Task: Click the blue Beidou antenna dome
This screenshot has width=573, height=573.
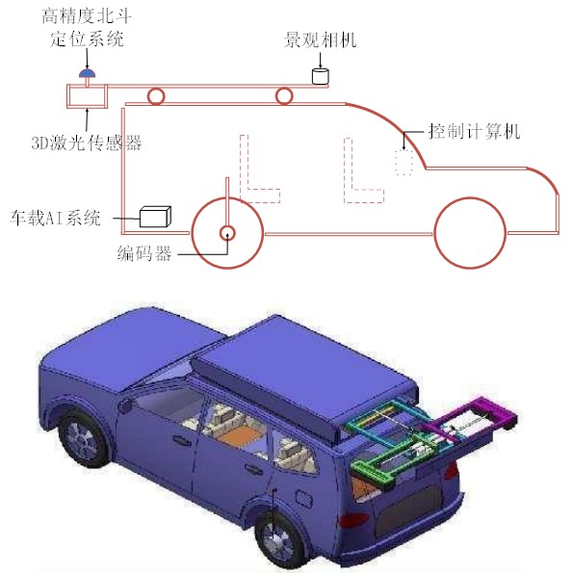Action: (88, 73)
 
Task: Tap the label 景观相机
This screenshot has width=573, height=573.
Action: (320, 39)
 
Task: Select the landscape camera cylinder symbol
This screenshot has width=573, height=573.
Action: (320, 76)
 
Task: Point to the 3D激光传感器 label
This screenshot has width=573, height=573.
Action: (87, 143)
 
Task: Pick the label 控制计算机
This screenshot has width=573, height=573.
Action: (474, 131)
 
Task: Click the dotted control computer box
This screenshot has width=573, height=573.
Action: (404, 162)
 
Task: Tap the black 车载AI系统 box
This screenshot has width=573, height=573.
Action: (155, 217)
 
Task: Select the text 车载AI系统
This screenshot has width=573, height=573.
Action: (55, 218)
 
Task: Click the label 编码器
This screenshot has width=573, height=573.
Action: (144, 253)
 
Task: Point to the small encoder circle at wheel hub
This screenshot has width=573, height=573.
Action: (227, 233)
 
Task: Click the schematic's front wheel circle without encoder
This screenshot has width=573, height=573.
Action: (470, 233)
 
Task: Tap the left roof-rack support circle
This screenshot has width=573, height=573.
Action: (156, 96)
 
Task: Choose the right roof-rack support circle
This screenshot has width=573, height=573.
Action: (284, 96)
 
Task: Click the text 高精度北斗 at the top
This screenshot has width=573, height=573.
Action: (87, 16)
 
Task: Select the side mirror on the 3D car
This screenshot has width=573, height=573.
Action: (125, 404)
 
